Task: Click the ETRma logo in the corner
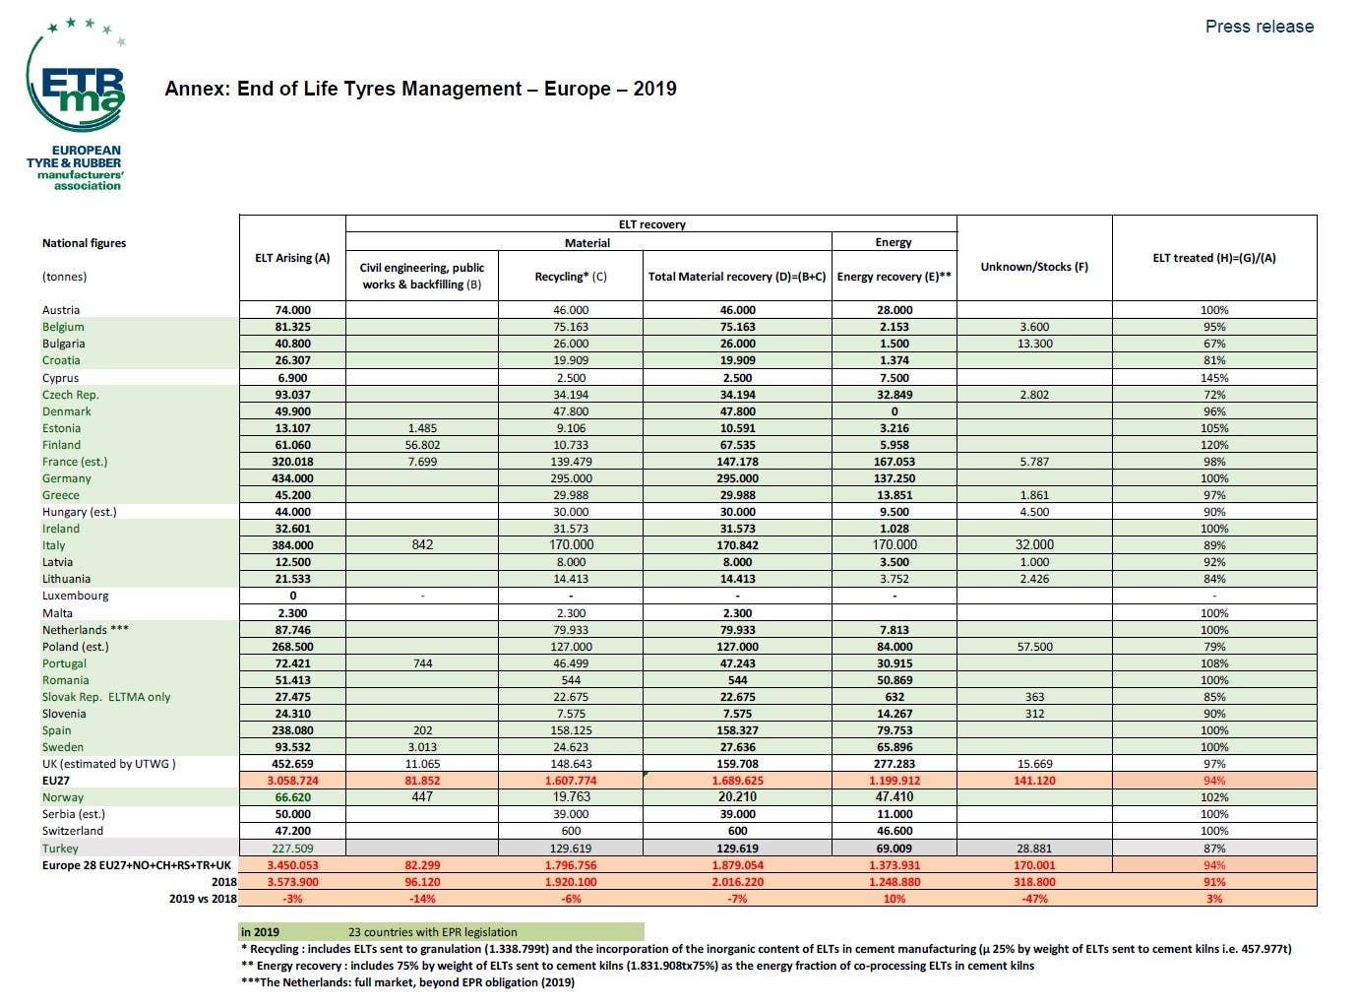pos(76,104)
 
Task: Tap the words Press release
pos(1259,27)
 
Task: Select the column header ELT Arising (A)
pos(292,258)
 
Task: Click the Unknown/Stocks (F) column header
pos(1034,267)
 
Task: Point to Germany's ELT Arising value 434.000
pos(292,478)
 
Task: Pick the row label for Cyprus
pos(60,378)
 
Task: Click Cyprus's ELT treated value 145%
pos(1214,378)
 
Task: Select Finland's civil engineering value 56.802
pos(422,445)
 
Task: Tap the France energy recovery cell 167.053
pos(894,462)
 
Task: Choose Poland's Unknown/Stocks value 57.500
pos(1034,647)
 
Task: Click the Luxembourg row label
pos(75,596)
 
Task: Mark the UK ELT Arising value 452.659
pos(292,764)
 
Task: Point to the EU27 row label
pos(56,781)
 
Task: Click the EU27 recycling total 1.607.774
pos(571,781)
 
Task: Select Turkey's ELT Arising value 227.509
pos(292,849)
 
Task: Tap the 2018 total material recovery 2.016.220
pos(737,882)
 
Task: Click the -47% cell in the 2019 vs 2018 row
pos(1034,899)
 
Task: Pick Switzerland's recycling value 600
pos(571,831)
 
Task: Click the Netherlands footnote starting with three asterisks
pos(407,982)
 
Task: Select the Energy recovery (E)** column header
pos(894,277)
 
